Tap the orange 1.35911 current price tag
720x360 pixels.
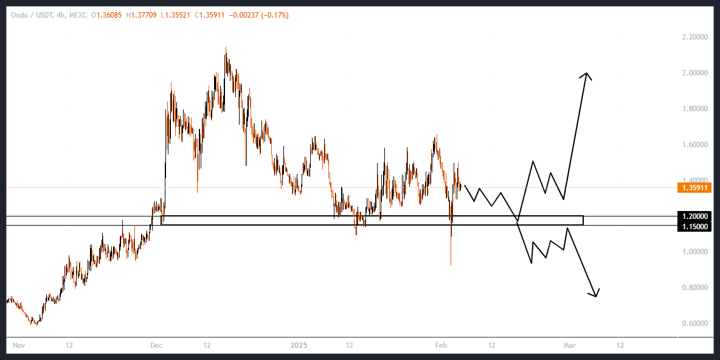pos(694,188)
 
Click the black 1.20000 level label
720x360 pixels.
pos(694,216)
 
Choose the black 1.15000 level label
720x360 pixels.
pos(694,227)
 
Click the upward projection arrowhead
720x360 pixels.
pos(587,75)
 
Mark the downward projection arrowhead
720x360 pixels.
pos(596,294)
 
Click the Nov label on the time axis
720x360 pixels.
pos(18,345)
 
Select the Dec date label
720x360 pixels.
pos(156,345)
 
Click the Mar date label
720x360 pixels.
pos(569,345)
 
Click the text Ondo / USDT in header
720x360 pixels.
pos(30,15)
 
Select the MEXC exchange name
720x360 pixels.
pos(78,15)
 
